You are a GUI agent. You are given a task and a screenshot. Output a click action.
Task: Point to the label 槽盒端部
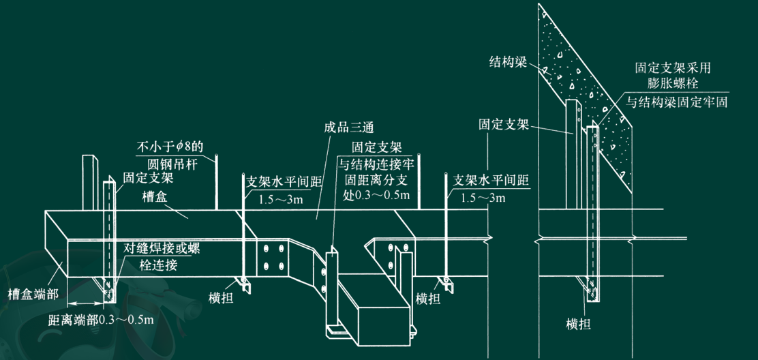tap(33, 294)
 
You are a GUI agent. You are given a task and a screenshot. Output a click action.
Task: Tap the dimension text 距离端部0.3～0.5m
tap(100, 318)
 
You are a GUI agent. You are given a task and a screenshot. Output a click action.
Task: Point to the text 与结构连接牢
tap(376, 163)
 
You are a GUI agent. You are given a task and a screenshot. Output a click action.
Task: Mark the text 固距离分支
tap(376, 179)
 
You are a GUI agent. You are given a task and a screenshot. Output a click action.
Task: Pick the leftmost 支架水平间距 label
tap(279, 182)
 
